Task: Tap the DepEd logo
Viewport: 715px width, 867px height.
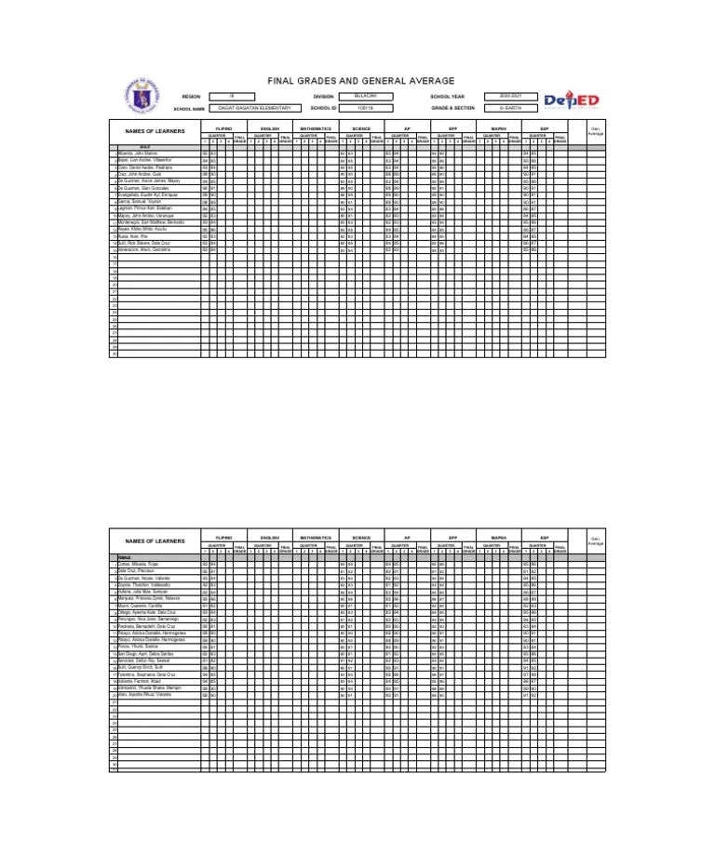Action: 571,100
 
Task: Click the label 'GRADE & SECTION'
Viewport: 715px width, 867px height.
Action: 452,108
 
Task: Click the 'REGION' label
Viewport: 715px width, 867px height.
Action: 191,96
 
